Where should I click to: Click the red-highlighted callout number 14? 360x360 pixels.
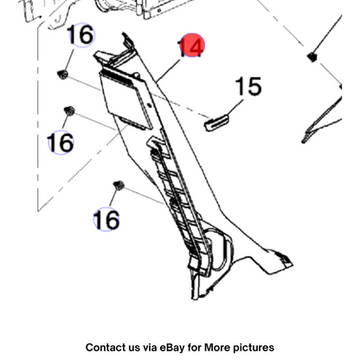pyautogui.click(x=192, y=46)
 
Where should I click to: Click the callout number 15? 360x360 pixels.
pyautogui.click(x=248, y=87)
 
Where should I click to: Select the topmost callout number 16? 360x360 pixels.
pyautogui.click(x=81, y=35)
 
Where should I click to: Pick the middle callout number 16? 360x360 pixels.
pyautogui.click(x=61, y=142)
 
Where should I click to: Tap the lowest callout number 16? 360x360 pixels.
pyautogui.click(x=106, y=220)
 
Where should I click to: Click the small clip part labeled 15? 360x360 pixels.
pyautogui.click(x=217, y=123)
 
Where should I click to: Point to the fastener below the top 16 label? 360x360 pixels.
pyautogui.click(x=62, y=74)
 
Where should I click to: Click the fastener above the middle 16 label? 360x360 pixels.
pyautogui.click(x=69, y=111)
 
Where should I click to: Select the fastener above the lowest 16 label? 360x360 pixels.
pyautogui.click(x=119, y=185)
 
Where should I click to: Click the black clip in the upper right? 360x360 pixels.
pyautogui.click(x=312, y=57)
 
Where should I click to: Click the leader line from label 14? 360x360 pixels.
pyautogui.click(x=169, y=69)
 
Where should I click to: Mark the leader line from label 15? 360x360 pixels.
pyautogui.click(x=235, y=108)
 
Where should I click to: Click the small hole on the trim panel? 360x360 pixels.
pyautogui.click(x=149, y=105)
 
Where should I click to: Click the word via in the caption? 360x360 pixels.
pyautogui.click(x=149, y=347)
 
